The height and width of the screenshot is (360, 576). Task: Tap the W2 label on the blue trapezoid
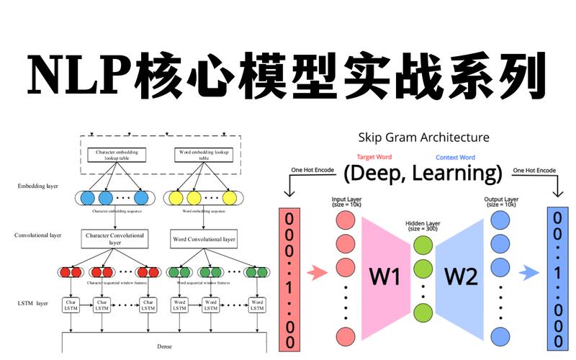click(460, 276)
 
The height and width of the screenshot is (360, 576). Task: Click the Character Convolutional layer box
click(115, 239)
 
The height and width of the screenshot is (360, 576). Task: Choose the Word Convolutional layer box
click(204, 239)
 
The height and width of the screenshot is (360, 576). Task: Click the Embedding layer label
click(37, 186)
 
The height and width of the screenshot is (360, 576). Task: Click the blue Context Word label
click(455, 157)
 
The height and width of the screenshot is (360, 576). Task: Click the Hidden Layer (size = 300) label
click(423, 225)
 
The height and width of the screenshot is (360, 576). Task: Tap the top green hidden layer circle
click(423, 245)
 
